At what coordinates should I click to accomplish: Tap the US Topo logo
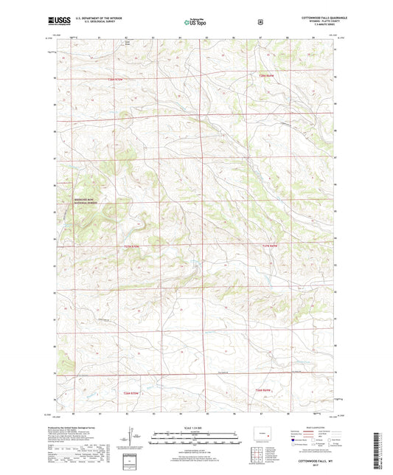click(x=195, y=23)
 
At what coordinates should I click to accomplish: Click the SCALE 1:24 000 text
click(x=195, y=427)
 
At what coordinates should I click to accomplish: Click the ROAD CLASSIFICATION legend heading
click(x=310, y=427)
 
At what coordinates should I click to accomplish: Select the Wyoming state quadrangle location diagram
click(x=264, y=431)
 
